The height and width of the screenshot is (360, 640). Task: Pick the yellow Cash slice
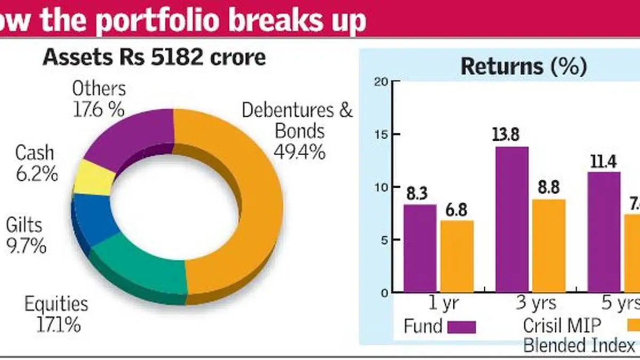[92, 178]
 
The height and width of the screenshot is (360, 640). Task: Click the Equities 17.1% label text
[55, 314]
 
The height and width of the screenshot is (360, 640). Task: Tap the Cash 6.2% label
[35, 163]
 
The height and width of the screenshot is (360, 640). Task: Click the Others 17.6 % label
[99, 99]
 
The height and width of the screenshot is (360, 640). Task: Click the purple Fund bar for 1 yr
[420, 248]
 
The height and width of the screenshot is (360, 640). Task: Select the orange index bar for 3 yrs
[548, 245]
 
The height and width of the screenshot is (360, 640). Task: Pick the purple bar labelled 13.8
[511, 219]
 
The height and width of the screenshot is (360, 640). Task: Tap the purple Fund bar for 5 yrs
[604, 232]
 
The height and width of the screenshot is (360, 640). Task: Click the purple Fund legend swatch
[461, 326]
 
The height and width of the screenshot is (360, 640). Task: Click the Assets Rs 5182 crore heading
[155, 57]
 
